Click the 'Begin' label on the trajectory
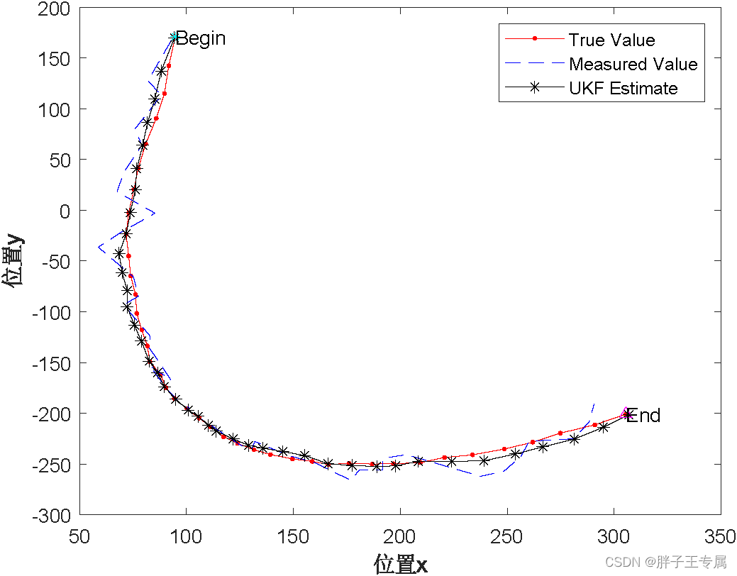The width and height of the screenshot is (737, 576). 201,38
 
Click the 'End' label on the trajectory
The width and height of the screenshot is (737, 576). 643,416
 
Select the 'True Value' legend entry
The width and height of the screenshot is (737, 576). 611,40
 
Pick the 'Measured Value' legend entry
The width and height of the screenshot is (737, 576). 633,65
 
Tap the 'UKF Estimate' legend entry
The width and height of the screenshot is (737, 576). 623,88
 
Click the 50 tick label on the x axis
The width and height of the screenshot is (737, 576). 79,533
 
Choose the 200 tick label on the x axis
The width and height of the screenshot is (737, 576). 400,533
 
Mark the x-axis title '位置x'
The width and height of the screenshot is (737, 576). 401,564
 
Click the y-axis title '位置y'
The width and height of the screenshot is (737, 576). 14,261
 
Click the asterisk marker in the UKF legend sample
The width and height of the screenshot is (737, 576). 536,88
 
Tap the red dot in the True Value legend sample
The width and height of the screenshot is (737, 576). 536,40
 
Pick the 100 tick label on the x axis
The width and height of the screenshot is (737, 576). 186,533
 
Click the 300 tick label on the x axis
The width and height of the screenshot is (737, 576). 614,533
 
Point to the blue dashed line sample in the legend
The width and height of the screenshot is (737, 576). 536,65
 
